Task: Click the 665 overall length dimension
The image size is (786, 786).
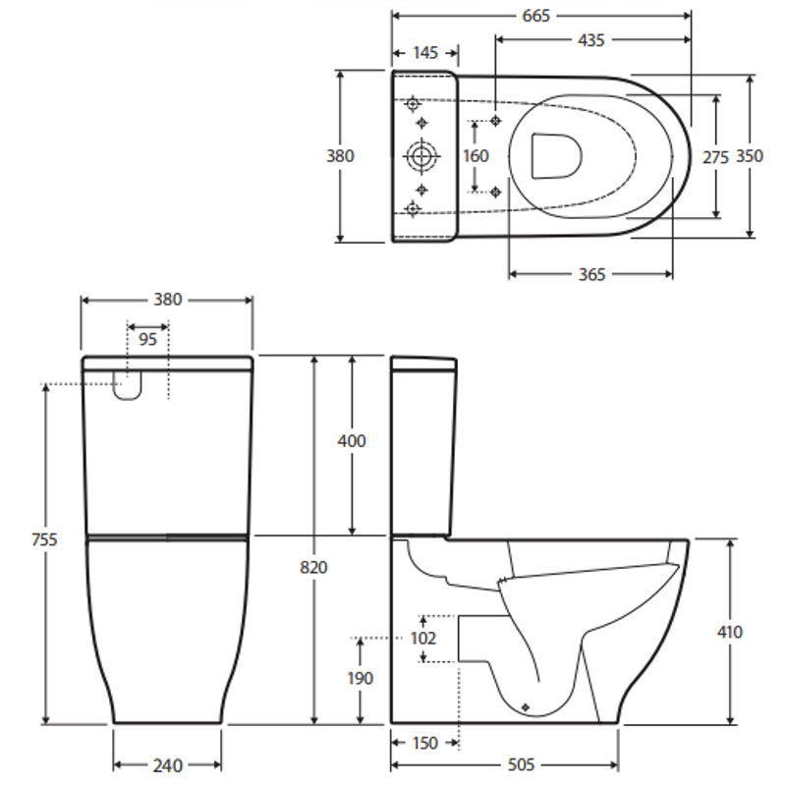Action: tap(536, 16)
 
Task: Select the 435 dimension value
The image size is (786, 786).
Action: tap(591, 40)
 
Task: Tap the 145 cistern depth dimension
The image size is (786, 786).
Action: tap(424, 53)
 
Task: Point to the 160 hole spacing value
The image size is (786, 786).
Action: tap(476, 156)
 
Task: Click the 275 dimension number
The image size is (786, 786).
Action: tap(716, 156)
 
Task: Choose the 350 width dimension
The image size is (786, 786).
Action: tap(750, 156)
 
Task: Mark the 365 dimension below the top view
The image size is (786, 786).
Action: tap(591, 274)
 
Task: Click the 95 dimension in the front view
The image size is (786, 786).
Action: tap(148, 340)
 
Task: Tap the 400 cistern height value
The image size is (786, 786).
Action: tap(351, 441)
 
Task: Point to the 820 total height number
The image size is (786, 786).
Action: tap(314, 567)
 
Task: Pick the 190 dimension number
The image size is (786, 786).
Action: tap(361, 678)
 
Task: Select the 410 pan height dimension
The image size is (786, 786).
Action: tap(730, 632)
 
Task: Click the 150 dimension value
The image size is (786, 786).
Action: tap(424, 744)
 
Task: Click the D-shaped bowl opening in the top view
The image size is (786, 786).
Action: tap(556, 155)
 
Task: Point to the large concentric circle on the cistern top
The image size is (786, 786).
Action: tap(421, 155)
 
